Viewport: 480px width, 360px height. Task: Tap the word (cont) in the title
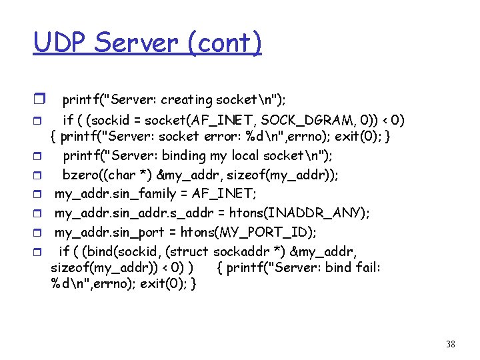(225, 43)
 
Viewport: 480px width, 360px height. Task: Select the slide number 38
(450, 344)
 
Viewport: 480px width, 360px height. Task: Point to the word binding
(193, 156)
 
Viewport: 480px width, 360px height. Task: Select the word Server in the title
(137, 43)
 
